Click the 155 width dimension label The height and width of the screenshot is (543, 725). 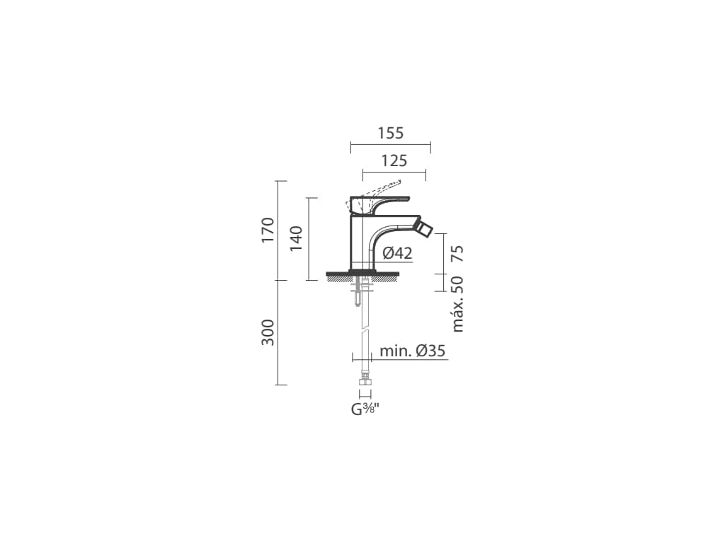coord(391,133)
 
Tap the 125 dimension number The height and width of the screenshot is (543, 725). coord(394,160)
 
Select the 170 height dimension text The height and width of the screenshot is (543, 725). coord(268,230)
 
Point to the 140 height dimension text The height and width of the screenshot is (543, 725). coord(296,238)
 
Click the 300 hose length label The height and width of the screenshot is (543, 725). coord(268,332)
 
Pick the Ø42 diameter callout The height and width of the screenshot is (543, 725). coord(398,253)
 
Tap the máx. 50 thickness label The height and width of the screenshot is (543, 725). coord(457,304)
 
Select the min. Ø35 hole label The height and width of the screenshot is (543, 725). coord(413,351)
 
